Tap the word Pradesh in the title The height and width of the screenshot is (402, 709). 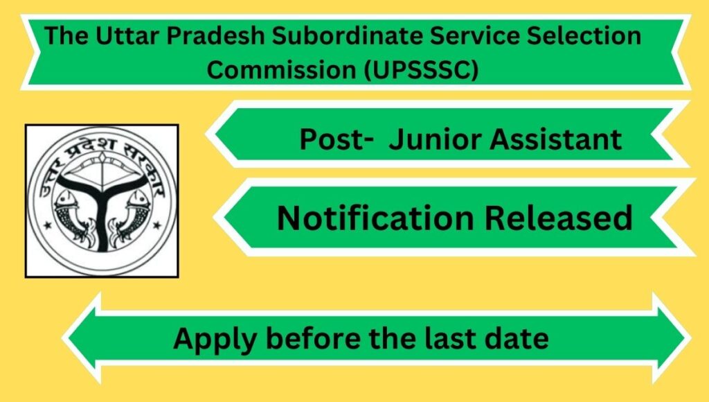pos(215,35)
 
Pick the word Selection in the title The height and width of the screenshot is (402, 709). pos(584,35)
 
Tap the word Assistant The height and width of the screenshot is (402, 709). pos(556,139)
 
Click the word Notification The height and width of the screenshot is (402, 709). pos(375,218)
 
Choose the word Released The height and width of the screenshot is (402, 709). pos(559,218)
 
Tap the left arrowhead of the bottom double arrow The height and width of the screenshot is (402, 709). pos(82,338)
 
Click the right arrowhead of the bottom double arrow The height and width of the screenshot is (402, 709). pos(672,338)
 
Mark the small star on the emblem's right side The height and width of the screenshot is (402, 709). pos(157,225)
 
